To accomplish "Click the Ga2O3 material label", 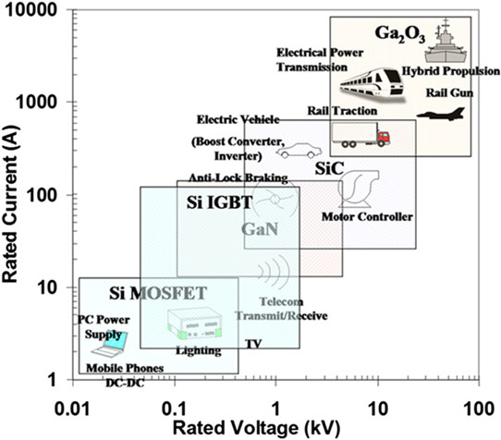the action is click(x=399, y=34).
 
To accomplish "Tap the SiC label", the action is click(x=329, y=168).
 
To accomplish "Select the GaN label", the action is click(x=260, y=229).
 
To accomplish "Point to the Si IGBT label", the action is click(x=219, y=202).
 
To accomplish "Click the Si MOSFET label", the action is click(x=158, y=293).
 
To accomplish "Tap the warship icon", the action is click(x=446, y=41).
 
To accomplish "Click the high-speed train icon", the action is click(x=373, y=84).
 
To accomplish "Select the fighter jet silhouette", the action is click(x=441, y=114).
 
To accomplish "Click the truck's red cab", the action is click(x=384, y=138).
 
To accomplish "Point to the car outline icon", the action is click(x=299, y=151).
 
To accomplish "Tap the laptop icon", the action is click(x=110, y=344).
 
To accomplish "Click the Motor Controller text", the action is click(x=367, y=216).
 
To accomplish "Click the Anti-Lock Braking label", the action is click(x=238, y=177).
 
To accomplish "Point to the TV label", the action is click(x=253, y=344).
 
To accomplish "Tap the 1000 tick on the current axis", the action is click(x=69, y=102).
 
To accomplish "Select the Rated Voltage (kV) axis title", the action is click(x=256, y=429).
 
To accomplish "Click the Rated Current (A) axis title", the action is click(x=10, y=204).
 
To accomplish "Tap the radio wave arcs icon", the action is click(x=275, y=271).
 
